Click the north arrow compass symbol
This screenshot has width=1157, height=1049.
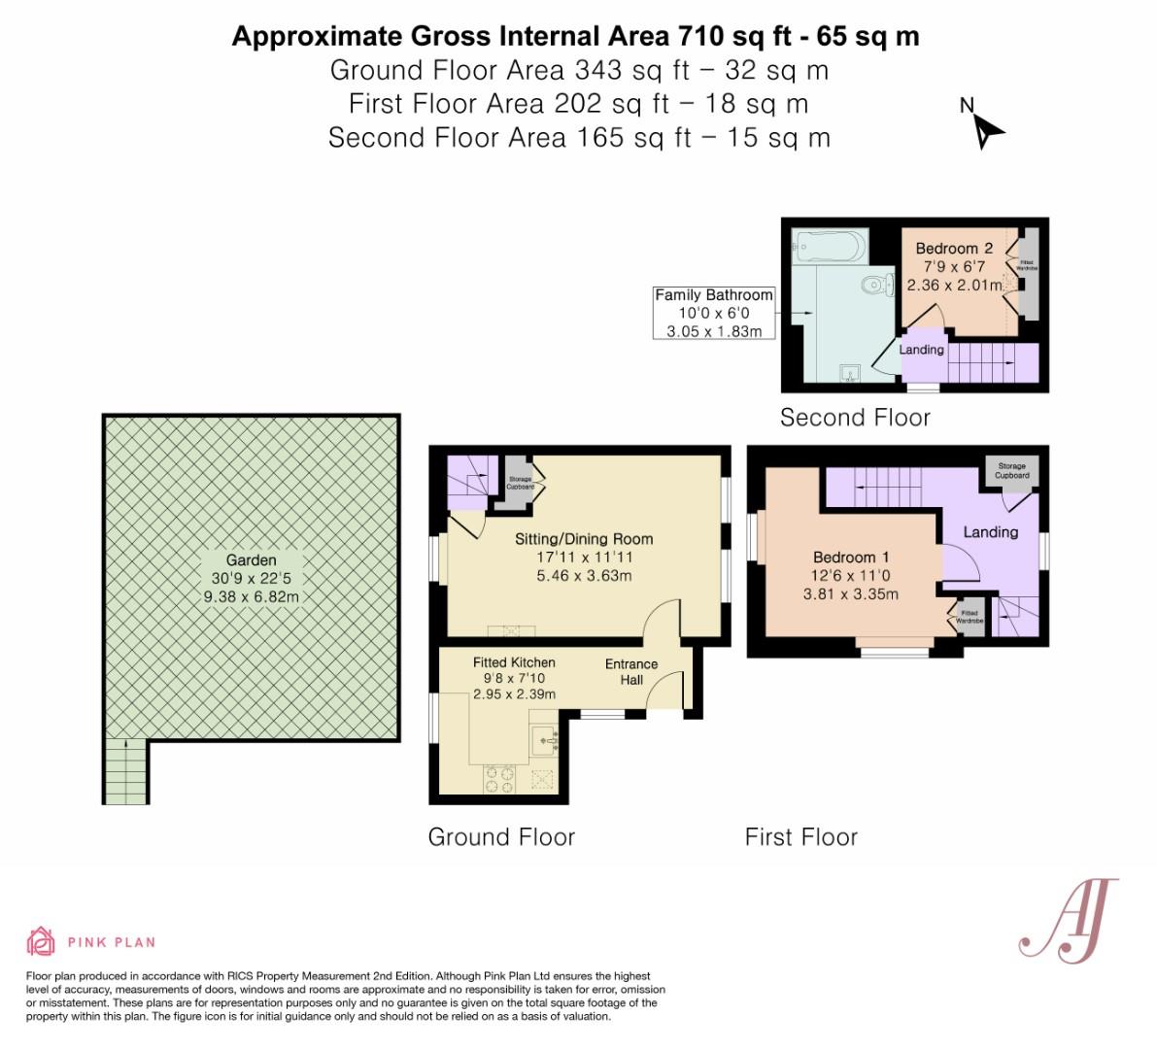point(986,127)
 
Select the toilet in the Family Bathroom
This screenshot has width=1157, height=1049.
point(877,286)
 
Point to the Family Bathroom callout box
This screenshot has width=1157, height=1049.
point(714,313)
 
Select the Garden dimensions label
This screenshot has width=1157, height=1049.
point(252,579)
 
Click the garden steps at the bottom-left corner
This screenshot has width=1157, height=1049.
point(126,771)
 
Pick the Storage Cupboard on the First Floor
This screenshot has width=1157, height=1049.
point(1011,471)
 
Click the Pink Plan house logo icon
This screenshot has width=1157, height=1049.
point(42,941)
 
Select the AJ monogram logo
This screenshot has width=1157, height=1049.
point(1067,921)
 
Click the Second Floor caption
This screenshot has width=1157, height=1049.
point(855,418)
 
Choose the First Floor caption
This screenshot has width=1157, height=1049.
point(800,837)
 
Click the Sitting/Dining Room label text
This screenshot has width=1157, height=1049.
point(583,539)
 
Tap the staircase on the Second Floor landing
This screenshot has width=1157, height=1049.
point(981,365)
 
